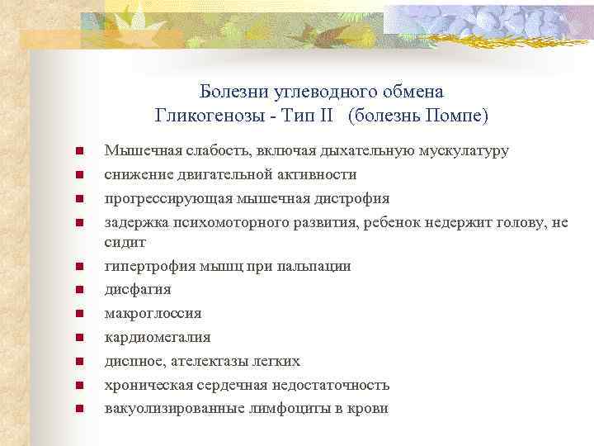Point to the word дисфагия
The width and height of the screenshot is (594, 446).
click(138, 290)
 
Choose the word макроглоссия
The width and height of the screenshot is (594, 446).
click(153, 314)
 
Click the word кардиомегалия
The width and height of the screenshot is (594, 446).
click(157, 337)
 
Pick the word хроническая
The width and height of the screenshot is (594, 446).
click(146, 385)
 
